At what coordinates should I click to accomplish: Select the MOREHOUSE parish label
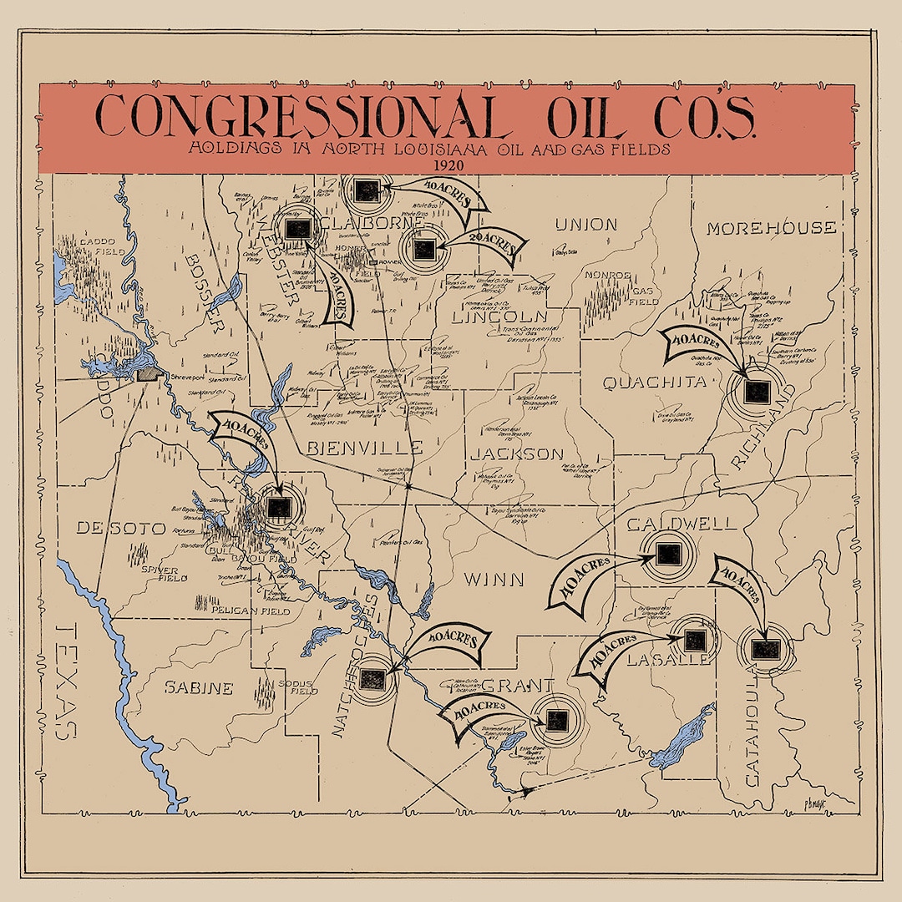point(770,227)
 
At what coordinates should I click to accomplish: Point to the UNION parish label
point(586,224)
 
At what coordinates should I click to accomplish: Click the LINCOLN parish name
point(499,317)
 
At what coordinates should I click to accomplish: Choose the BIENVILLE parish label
point(364,448)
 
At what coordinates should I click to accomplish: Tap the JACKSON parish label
point(516,454)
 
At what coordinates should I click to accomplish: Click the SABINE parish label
point(198,688)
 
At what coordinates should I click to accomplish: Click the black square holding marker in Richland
point(758,391)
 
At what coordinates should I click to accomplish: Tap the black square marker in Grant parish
point(557,718)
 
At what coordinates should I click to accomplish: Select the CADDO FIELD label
point(101,246)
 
